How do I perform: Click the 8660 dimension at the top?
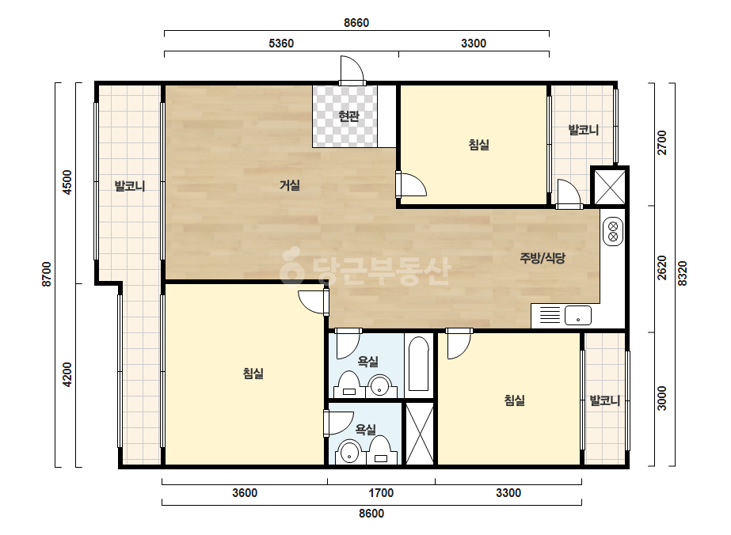tap(356, 23)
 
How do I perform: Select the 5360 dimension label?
tap(281, 44)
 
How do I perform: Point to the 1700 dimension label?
tap(381, 492)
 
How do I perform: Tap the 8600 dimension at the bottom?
tap(371, 513)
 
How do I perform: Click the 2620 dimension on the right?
tap(661, 268)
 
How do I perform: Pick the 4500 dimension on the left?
tap(67, 182)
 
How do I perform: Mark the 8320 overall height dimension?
tap(682, 274)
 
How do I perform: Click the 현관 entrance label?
tap(348, 116)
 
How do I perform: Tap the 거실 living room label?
tap(290, 185)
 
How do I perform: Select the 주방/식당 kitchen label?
tap(543, 258)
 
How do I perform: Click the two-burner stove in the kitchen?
tap(612, 232)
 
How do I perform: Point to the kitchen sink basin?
tap(578, 316)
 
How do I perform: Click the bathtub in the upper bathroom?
tap(419, 364)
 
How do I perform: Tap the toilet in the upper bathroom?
tap(348, 384)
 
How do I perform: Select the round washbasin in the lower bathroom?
tap(349, 453)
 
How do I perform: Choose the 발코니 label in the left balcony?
tap(130, 187)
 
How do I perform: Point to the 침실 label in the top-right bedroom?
tap(479, 145)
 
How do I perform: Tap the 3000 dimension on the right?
tap(661, 398)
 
